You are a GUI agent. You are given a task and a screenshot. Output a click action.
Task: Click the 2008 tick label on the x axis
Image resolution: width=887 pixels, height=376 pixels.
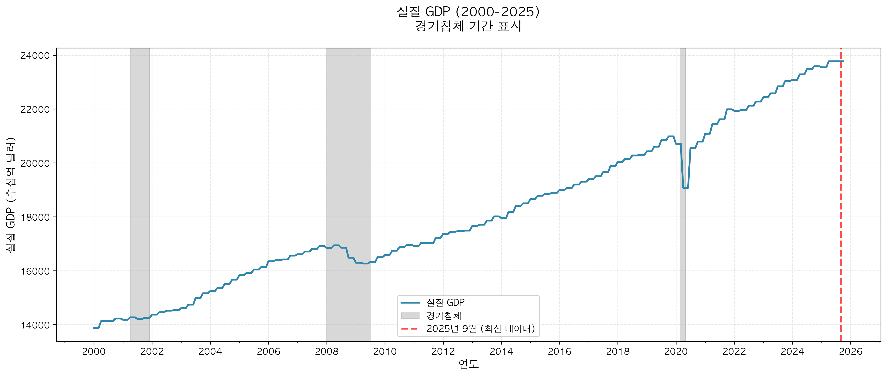coord(327,351)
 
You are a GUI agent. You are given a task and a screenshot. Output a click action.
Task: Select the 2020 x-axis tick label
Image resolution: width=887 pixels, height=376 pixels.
coord(676,351)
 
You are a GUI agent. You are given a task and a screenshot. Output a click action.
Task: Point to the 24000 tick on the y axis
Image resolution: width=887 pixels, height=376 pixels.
coord(35,56)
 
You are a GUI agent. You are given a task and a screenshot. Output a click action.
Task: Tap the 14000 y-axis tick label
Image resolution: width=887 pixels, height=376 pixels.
coord(35,325)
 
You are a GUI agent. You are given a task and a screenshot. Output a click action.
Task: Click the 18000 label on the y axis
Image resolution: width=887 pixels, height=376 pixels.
coord(35,217)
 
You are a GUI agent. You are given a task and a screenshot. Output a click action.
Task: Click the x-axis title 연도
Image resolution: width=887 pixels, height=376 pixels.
coord(468,364)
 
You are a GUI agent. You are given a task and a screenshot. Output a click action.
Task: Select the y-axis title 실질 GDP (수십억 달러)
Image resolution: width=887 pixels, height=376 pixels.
coord(11,195)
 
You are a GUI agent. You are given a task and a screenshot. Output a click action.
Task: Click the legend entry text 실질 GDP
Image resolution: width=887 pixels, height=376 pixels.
coord(445,302)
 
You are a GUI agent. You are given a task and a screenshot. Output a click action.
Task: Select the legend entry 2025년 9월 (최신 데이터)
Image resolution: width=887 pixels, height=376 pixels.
coord(481,328)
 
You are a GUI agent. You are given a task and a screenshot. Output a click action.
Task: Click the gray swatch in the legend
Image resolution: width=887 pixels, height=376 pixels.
coord(410,316)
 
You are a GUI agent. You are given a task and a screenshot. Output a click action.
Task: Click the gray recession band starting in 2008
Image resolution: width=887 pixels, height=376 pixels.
coord(348,155)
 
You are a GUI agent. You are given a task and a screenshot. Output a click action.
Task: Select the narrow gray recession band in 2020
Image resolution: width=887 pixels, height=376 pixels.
coord(683,104)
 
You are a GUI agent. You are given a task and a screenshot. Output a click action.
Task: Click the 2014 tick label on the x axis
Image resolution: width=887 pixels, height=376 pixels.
coord(501,351)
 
